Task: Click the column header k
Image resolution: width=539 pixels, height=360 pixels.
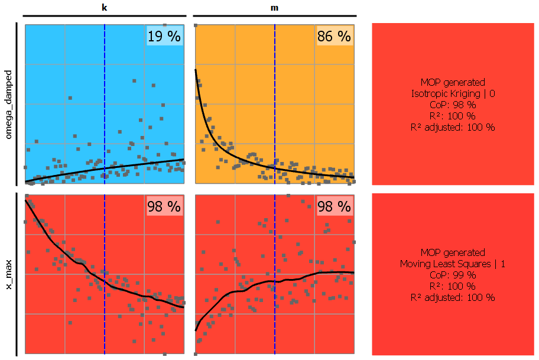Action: coord(105,8)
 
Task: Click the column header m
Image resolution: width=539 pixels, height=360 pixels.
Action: coord(274,8)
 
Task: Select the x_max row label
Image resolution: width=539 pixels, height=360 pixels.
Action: coord(8,274)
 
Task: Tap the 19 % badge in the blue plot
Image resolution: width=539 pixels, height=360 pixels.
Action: coord(164,36)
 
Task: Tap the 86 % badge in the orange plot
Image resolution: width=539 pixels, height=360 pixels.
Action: coord(334,36)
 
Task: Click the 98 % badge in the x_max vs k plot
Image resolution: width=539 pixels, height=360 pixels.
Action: coord(164,206)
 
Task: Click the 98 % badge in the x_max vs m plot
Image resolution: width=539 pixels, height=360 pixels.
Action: coord(334,206)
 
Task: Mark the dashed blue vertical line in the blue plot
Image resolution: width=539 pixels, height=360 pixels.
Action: coord(105,89)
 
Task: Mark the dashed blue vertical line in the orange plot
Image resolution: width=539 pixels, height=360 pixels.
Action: coord(275,89)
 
